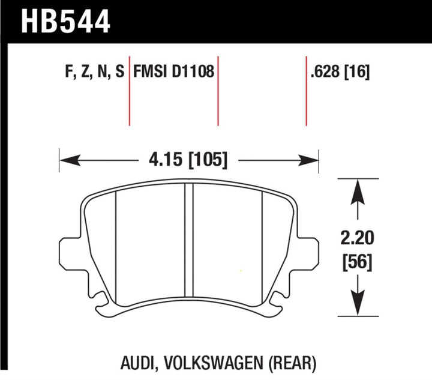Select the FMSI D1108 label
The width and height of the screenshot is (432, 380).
click(174, 73)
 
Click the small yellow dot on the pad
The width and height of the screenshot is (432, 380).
click(241, 270)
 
